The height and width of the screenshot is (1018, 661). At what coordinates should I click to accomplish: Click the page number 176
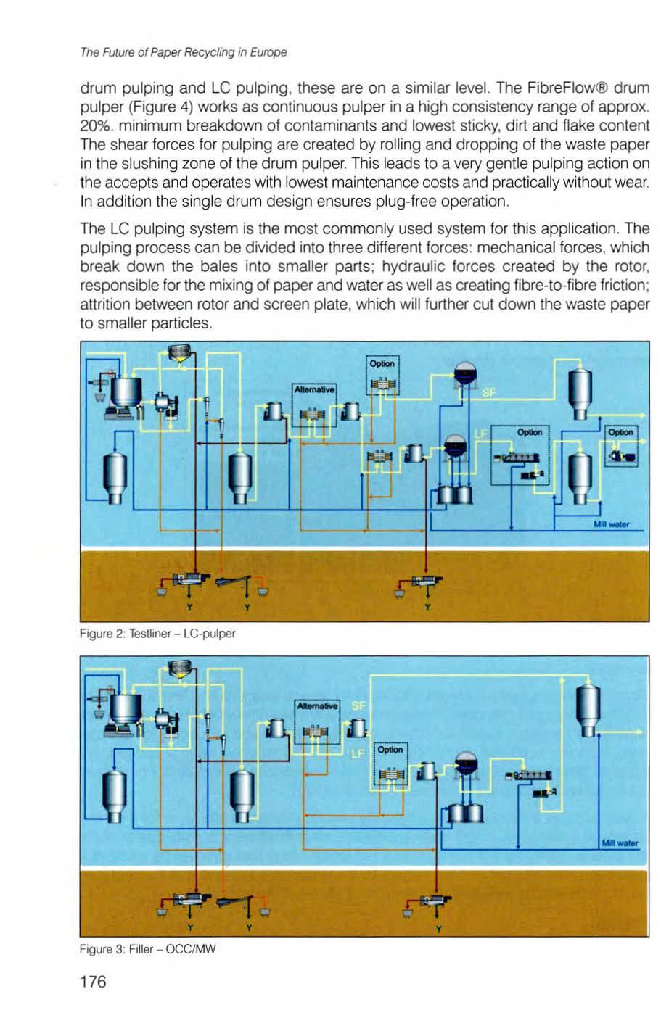(93, 982)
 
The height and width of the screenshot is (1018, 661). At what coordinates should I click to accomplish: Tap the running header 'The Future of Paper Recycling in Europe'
(184, 52)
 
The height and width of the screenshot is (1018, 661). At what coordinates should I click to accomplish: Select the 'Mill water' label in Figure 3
(619, 843)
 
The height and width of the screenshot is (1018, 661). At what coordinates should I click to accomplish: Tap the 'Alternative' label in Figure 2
(313, 389)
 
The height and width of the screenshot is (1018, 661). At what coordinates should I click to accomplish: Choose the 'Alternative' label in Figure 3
(317, 705)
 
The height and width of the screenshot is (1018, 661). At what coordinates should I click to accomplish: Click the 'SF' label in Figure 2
(488, 392)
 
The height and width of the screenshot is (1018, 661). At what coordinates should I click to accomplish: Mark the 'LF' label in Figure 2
(479, 433)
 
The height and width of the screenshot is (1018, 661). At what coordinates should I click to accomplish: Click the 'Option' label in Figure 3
(390, 750)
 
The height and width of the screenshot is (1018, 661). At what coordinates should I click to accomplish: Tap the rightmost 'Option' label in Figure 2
(621, 432)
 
